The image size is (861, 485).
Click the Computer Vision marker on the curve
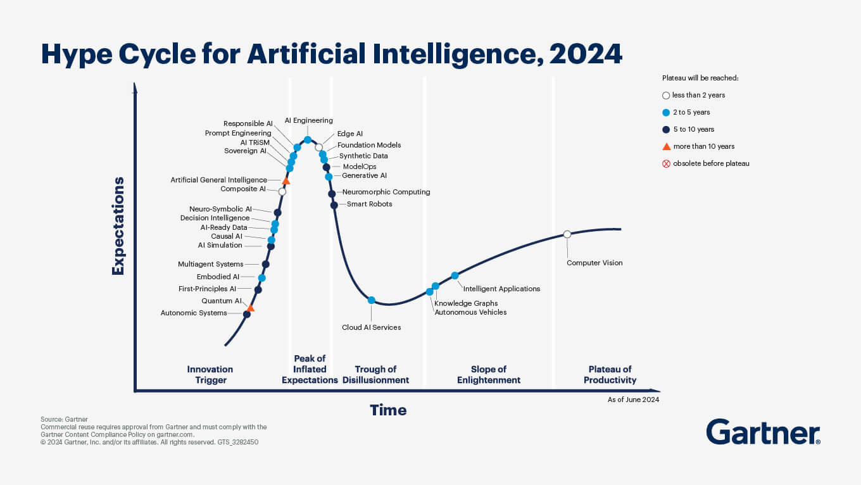coord(567,234)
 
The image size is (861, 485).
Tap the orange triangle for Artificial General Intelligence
coord(286,181)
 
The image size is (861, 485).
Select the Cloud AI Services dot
coord(372,300)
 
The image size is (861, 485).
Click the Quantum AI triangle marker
coord(250,308)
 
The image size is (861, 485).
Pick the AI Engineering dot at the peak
coord(308,140)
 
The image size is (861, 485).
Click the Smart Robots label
coord(369,204)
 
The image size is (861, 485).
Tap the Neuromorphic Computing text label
coord(386,192)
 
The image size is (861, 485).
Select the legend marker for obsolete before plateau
coord(666,163)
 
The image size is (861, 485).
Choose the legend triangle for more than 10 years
coord(666,146)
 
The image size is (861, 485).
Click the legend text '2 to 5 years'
coord(691,112)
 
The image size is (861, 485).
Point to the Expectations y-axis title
coord(118,226)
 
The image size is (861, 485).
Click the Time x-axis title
coord(388,410)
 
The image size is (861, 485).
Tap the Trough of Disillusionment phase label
coord(375,375)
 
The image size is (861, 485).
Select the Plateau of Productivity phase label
coord(610,375)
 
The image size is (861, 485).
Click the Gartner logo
coord(763,432)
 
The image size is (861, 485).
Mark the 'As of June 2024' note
coord(633,400)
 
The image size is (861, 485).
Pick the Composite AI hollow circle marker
coord(282,191)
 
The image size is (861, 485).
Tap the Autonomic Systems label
coord(194,313)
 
